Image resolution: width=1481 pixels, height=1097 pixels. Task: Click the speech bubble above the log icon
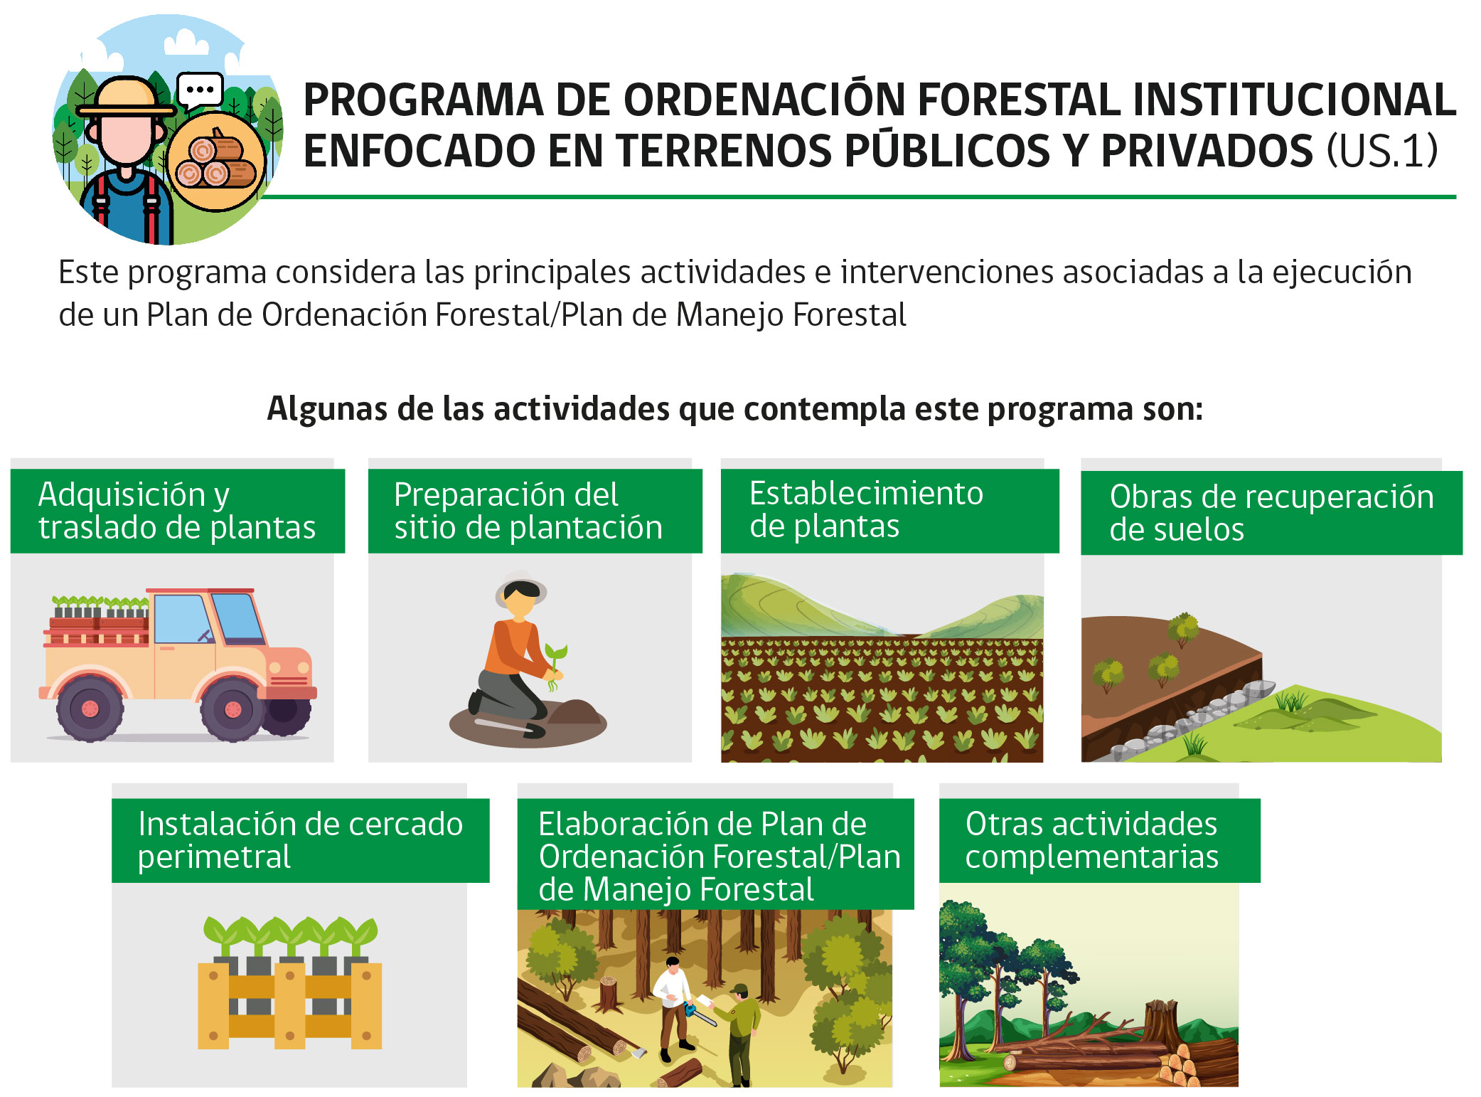(x=200, y=91)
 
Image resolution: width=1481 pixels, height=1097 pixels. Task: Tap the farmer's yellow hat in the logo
(x=127, y=97)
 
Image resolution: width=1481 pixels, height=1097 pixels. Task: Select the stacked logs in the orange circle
(x=215, y=162)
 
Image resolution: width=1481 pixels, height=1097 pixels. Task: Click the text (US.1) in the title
(x=1382, y=151)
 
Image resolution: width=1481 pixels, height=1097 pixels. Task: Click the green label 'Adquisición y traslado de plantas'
(x=178, y=511)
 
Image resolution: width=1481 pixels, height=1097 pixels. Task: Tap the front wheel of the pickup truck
(x=232, y=709)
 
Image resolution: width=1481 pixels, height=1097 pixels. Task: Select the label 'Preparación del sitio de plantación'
(x=535, y=511)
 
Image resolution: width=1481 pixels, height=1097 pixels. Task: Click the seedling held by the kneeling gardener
(x=555, y=665)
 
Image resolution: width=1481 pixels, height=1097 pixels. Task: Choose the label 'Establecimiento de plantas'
(x=890, y=510)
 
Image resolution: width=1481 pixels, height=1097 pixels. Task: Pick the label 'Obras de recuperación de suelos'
(x=1271, y=512)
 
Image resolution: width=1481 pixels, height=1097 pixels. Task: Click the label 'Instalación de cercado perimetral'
(x=301, y=840)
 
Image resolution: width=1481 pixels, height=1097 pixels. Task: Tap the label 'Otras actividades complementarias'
(x=1100, y=840)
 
